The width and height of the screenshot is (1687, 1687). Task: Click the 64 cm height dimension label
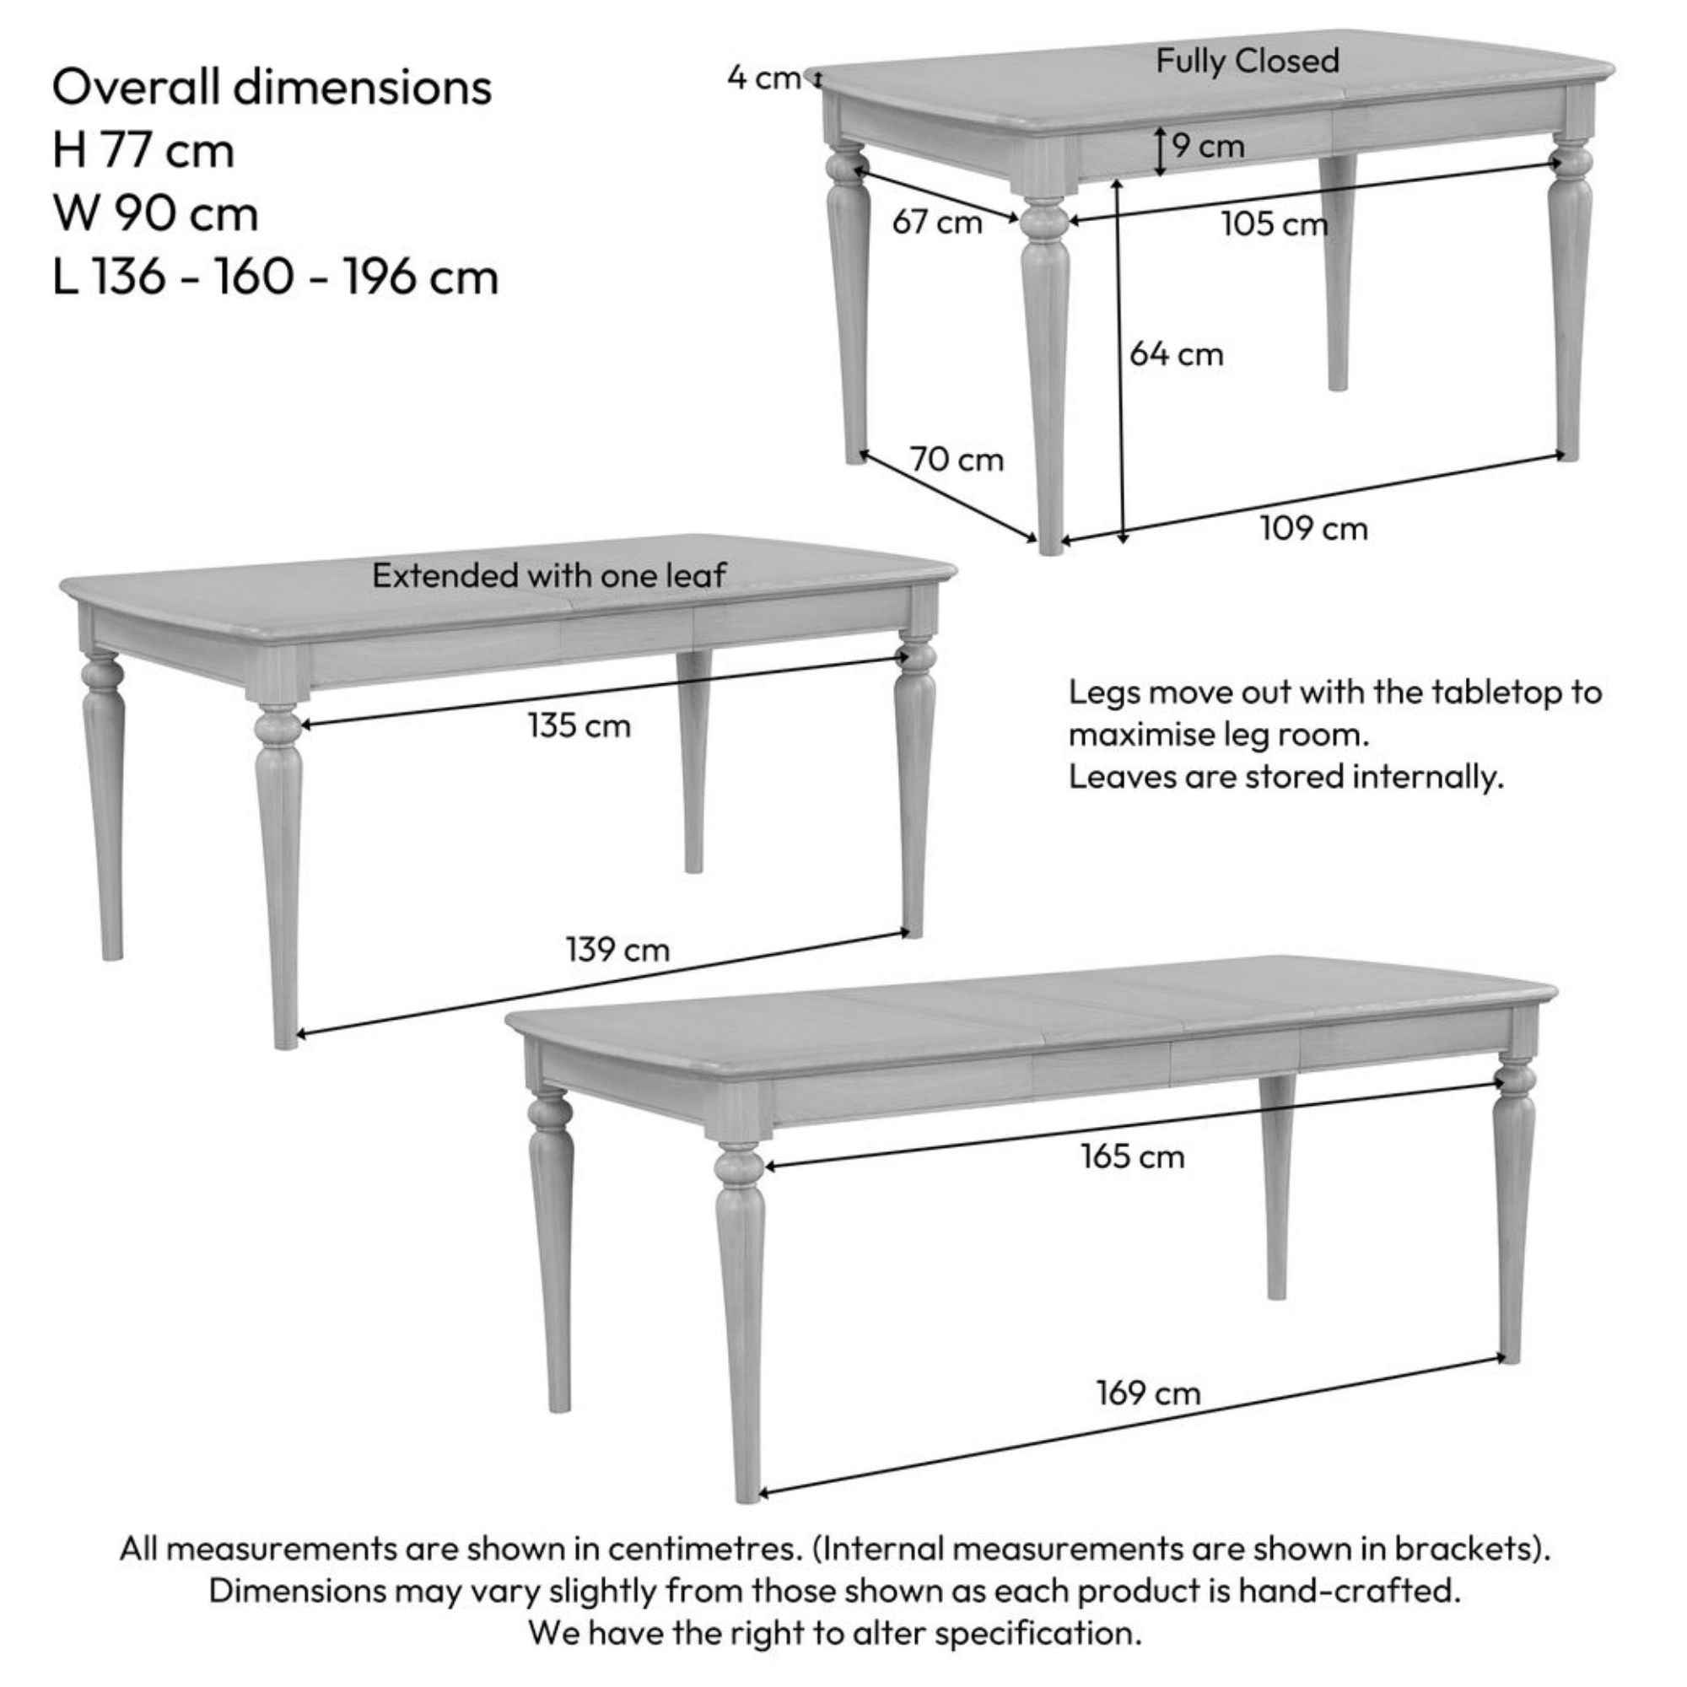[1176, 354]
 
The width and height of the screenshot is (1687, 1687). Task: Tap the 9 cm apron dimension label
[1209, 146]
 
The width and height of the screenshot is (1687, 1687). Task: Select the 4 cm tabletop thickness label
[764, 78]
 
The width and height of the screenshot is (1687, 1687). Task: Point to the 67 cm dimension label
[937, 222]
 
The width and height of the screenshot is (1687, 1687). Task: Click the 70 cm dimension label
[957, 460]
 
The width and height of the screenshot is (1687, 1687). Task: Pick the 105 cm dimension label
[1274, 224]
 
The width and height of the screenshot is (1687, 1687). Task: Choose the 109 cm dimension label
[1314, 528]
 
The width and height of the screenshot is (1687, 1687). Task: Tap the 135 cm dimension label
[579, 725]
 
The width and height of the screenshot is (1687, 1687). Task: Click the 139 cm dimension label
[617, 949]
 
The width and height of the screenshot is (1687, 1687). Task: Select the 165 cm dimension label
[1133, 1157]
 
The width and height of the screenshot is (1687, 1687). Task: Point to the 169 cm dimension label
[1149, 1393]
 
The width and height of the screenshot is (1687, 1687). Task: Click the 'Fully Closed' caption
[1248, 62]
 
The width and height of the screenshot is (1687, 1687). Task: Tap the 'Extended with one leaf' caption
[549, 575]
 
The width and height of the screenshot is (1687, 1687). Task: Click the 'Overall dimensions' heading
[272, 88]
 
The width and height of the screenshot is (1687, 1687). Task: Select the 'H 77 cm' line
[143, 150]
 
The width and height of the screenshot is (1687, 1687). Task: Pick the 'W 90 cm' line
[155, 214]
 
